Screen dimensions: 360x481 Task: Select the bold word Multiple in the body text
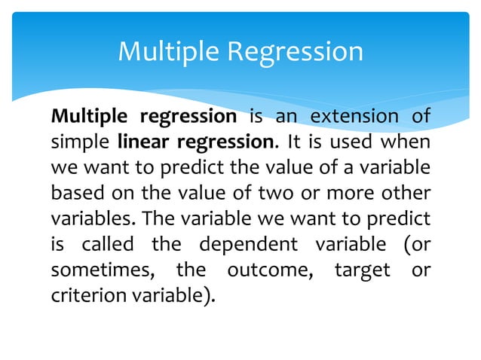point(82,117)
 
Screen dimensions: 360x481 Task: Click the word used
point(357,141)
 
